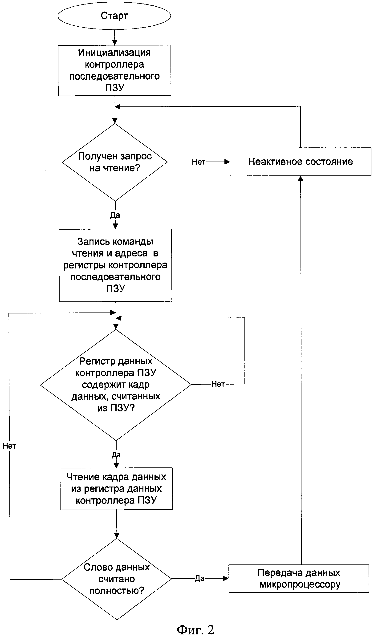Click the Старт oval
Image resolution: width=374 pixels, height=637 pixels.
pyautogui.click(x=114, y=16)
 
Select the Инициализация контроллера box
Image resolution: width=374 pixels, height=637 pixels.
pyautogui.click(x=114, y=70)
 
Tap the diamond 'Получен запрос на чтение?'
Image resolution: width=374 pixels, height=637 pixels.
pyautogui.click(x=115, y=162)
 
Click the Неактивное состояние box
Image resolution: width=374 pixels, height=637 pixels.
pyautogui.click(x=301, y=162)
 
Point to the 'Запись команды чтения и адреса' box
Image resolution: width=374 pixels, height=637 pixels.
pyautogui.click(x=116, y=265)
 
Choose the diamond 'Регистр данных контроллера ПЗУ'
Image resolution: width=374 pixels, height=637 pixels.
pyautogui.click(x=116, y=385)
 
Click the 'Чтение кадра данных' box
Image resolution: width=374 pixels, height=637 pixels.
pyautogui.click(x=116, y=489)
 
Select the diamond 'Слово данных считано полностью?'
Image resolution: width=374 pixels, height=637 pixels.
pyautogui.click(x=117, y=579)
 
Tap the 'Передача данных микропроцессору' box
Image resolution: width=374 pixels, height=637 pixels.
pyautogui.click(x=299, y=579)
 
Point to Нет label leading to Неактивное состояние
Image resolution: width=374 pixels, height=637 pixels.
pyautogui.click(x=199, y=162)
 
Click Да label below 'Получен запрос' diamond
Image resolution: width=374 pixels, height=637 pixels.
pyautogui.click(x=115, y=215)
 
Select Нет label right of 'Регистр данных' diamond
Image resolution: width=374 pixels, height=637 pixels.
pyautogui.click(x=218, y=384)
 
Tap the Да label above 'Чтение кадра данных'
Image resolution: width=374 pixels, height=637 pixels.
pyautogui.click(x=116, y=455)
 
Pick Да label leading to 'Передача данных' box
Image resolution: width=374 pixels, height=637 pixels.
pyautogui.click(x=199, y=579)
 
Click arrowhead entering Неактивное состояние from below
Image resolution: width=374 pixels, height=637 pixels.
pyautogui.click(x=301, y=179)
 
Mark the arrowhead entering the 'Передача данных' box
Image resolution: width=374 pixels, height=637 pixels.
pyautogui.click(x=226, y=578)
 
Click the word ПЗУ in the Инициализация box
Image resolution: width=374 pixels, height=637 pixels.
pyautogui.click(x=115, y=88)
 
